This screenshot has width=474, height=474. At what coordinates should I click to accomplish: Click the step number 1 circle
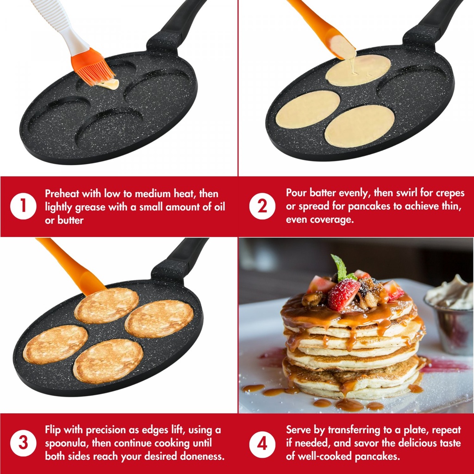click(x=23, y=206)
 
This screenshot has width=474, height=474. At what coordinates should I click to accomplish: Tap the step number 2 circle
click(x=262, y=206)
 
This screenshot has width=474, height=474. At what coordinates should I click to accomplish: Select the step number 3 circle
click(x=23, y=443)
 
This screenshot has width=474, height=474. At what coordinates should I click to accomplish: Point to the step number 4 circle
click(x=262, y=444)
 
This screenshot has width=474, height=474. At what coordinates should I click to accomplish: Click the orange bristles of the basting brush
click(x=92, y=69)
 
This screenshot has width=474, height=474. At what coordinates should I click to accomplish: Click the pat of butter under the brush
click(x=109, y=84)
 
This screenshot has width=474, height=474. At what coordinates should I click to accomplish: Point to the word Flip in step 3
click(x=53, y=430)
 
